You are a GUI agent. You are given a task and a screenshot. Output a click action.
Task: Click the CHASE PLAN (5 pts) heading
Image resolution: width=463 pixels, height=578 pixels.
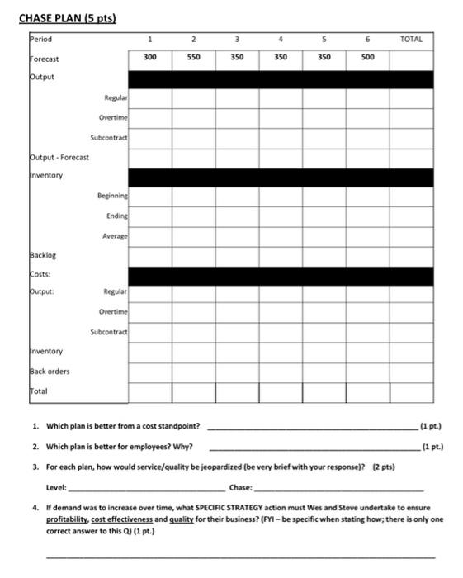click(x=67, y=18)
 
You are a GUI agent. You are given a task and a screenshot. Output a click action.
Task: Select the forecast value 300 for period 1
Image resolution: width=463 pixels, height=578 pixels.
click(x=149, y=58)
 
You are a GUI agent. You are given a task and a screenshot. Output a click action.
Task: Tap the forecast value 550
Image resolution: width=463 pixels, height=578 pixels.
click(x=193, y=58)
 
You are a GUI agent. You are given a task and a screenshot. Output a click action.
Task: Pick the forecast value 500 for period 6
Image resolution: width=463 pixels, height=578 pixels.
click(x=367, y=58)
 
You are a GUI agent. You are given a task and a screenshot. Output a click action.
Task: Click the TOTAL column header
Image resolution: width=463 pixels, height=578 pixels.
click(x=410, y=39)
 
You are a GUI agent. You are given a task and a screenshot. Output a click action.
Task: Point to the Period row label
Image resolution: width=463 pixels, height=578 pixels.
click(x=40, y=39)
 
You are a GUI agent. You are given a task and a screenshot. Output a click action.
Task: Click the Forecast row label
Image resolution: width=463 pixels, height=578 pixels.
click(x=45, y=59)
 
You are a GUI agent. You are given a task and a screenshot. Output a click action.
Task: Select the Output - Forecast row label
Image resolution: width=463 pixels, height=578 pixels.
click(x=59, y=156)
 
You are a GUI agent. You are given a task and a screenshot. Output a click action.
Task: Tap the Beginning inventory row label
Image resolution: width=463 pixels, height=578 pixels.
click(x=111, y=196)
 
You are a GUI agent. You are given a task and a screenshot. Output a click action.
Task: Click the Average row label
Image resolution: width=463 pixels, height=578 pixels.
click(x=115, y=235)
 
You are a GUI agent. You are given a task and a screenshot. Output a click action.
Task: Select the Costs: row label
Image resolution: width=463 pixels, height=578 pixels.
click(x=41, y=274)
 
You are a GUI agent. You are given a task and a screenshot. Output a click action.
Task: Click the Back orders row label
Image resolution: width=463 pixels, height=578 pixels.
click(x=50, y=372)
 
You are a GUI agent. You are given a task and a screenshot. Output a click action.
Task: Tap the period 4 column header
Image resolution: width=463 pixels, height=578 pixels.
click(x=280, y=39)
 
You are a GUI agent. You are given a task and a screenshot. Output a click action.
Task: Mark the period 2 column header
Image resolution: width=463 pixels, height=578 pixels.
click(x=193, y=39)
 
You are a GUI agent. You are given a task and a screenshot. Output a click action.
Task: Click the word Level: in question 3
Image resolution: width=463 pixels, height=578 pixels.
click(x=56, y=487)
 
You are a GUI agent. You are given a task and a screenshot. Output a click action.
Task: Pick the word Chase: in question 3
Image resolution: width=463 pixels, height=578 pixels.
click(x=241, y=487)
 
